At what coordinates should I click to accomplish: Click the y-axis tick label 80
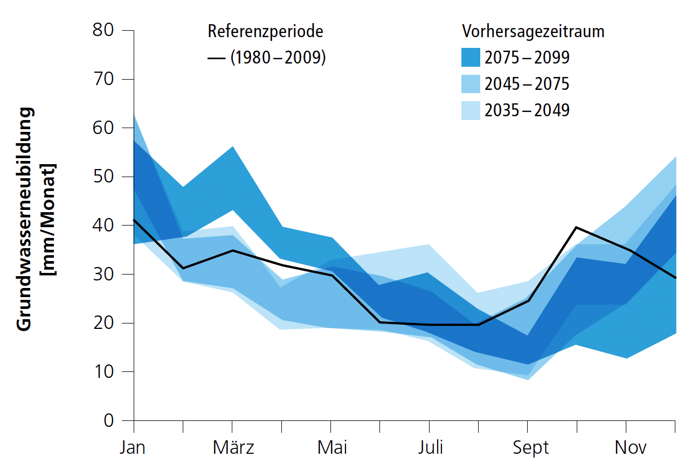[103, 30]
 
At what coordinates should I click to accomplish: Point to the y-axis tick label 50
[103, 177]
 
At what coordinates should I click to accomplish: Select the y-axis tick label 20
[103, 323]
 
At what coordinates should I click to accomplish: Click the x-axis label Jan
[133, 448]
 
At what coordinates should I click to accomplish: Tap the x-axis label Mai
[332, 448]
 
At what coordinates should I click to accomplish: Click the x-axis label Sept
[530, 448]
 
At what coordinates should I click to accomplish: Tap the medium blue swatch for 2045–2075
[471, 84]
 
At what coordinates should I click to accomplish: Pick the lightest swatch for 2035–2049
[471, 110]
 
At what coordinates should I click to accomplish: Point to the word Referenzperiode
[266, 32]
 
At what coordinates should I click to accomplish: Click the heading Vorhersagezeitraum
[533, 32]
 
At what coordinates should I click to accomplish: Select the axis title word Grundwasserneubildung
[25, 219]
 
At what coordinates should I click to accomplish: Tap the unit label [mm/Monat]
[51, 219]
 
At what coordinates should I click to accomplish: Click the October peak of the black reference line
[576, 227]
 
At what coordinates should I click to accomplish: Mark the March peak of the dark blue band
[232, 147]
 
